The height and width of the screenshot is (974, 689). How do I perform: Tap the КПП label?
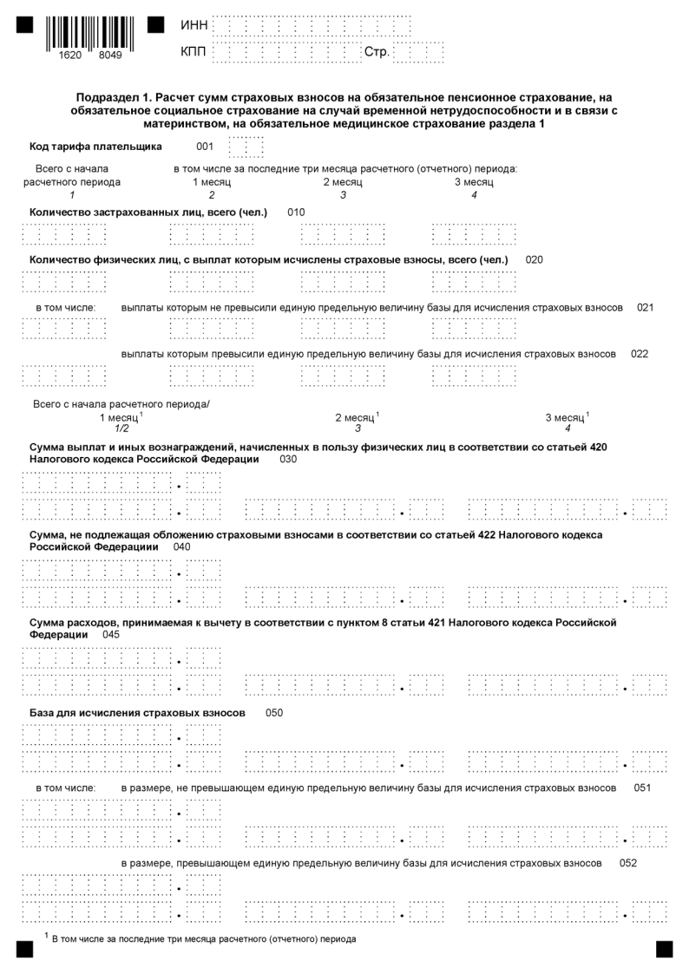pos(194,54)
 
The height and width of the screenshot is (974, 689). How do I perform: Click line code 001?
pos(205,147)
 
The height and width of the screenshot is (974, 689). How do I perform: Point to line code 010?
pos(296,212)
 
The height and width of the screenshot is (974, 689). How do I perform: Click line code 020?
pos(535,259)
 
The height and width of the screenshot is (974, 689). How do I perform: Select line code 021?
pos(645,307)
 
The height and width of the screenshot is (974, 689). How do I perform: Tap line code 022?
pos(640,354)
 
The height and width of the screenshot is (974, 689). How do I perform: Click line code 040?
pos(182,547)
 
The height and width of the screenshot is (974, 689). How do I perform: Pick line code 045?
pos(111,635)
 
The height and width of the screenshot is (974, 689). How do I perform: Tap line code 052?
pos(629,864)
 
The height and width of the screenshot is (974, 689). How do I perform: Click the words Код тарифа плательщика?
pos(95,147)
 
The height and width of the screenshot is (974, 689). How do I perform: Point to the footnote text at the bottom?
pos(203,939)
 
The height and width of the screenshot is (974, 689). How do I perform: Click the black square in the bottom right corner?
pos(664,949)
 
